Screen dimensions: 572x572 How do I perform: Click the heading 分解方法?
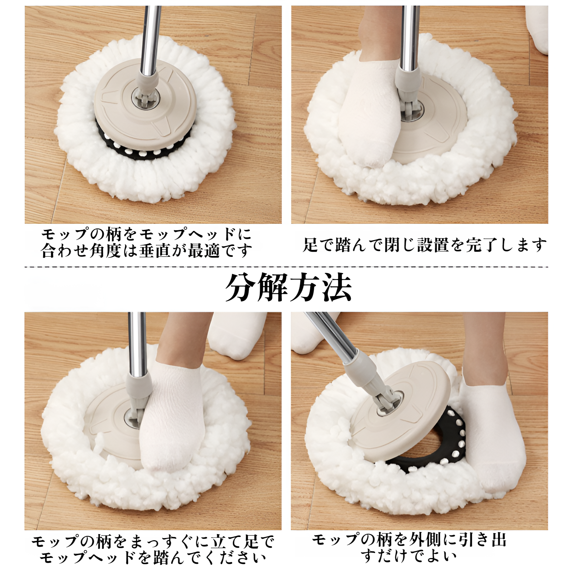[x=288, y=288]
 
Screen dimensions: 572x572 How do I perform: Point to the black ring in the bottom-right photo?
[x=443, y=450]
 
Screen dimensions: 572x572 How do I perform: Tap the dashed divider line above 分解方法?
[x=286, y=267]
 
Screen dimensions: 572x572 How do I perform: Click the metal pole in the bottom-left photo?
[x=137, y=343]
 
